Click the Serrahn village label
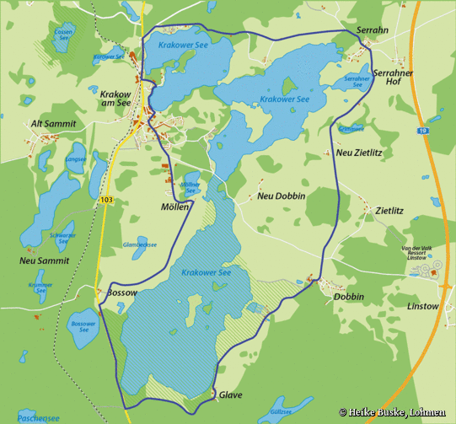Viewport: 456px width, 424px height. coord(373,30)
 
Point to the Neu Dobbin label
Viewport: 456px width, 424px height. coord(281,196)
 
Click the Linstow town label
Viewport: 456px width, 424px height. coord(422,306)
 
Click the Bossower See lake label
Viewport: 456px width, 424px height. coord(82,326)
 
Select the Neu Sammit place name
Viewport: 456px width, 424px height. coord(42,261)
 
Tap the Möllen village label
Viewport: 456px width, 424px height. coord(174,207)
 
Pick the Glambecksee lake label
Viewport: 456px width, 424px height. coord(140,244)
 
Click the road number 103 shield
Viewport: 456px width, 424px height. coord(105,200)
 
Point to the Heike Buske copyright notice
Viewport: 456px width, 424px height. coord(392,412)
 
